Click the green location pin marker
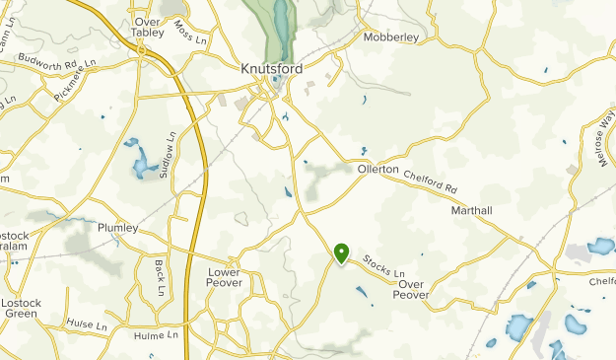pyautogui.click(x=341, y=253)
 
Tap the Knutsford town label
pyautogui.click(x=271, y=70)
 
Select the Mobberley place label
pyautogui.click(x=391, y=37)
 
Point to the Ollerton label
pyautogui.click(x=377, y=170)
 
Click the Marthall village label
pyautogui.click(x=470, y=211)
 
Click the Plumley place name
pyautogui.click(x=118, y=228)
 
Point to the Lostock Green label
pyautogui.click(x=21, y=309)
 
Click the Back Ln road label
pyautogui.click(x=159, y=277)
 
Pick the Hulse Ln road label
pyautogui.click(x=87, y=324)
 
